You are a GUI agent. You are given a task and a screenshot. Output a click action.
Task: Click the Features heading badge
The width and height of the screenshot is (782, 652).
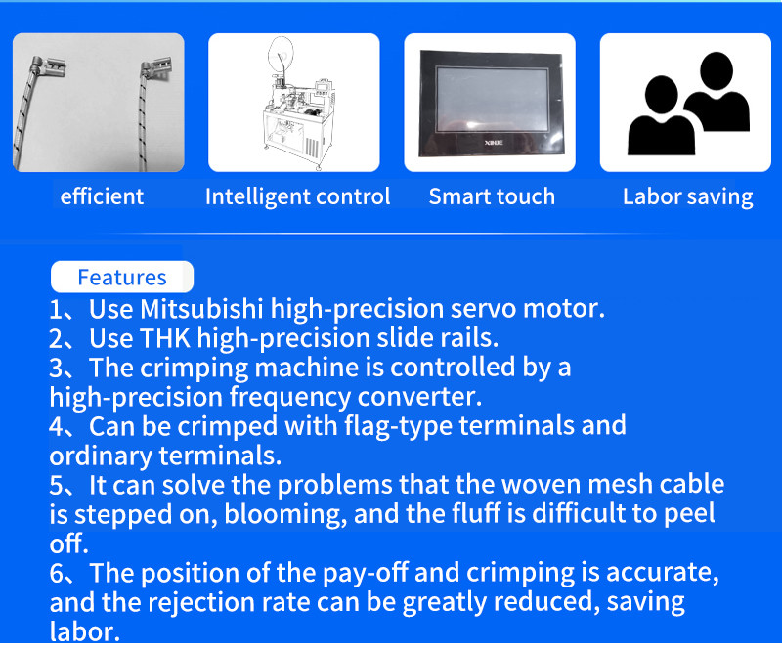(122, 277)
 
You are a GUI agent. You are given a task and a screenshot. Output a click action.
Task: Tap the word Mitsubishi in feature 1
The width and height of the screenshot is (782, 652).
(201, 309)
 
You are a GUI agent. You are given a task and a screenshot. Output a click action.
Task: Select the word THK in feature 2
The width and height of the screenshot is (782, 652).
(165, 338)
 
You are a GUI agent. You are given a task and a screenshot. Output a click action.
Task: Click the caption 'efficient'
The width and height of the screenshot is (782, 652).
(102, 196)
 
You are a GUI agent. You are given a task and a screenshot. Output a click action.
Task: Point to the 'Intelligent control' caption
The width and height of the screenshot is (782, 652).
(298, 196)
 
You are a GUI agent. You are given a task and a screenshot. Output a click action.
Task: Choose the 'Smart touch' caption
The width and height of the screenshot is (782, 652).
(492, 196)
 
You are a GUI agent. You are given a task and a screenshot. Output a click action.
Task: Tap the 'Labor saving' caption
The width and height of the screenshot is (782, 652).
(688, 197)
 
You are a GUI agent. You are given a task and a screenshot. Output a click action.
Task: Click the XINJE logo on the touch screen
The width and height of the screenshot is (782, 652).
(494, 143)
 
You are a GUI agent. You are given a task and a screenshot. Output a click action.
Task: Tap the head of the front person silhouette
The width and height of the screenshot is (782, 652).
(662, 96)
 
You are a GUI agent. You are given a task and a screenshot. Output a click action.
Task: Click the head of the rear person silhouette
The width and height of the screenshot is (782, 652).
(717, 71)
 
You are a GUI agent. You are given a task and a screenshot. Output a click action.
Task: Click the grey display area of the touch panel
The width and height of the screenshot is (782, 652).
(493, 100)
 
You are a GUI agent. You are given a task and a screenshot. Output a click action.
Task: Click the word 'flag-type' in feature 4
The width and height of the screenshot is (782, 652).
(398, 426)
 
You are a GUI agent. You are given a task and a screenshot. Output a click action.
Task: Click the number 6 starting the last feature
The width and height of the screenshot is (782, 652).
(57, 574)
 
